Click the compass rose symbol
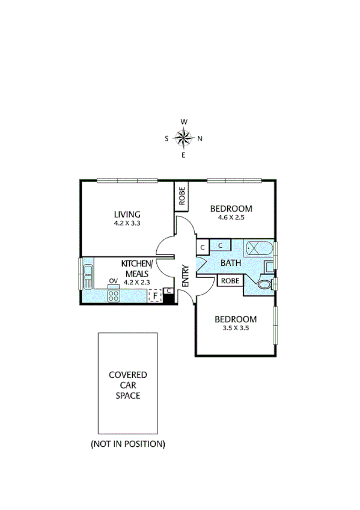tap(184, 138)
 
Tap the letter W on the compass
tap(184, 122)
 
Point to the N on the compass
tap(200, 139)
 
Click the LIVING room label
tap(127, 214)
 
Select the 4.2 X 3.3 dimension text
tap(127, 223)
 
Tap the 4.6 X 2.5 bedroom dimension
tap(231, 218)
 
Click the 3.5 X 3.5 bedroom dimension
tap(236, 328)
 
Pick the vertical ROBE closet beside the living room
tap(182, 196)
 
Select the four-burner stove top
tap(113, 295)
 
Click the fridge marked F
tap(155, 295)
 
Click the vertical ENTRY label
tap(185, 275)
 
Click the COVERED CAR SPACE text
tap(127, 385)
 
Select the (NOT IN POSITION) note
tap(127, 444)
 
